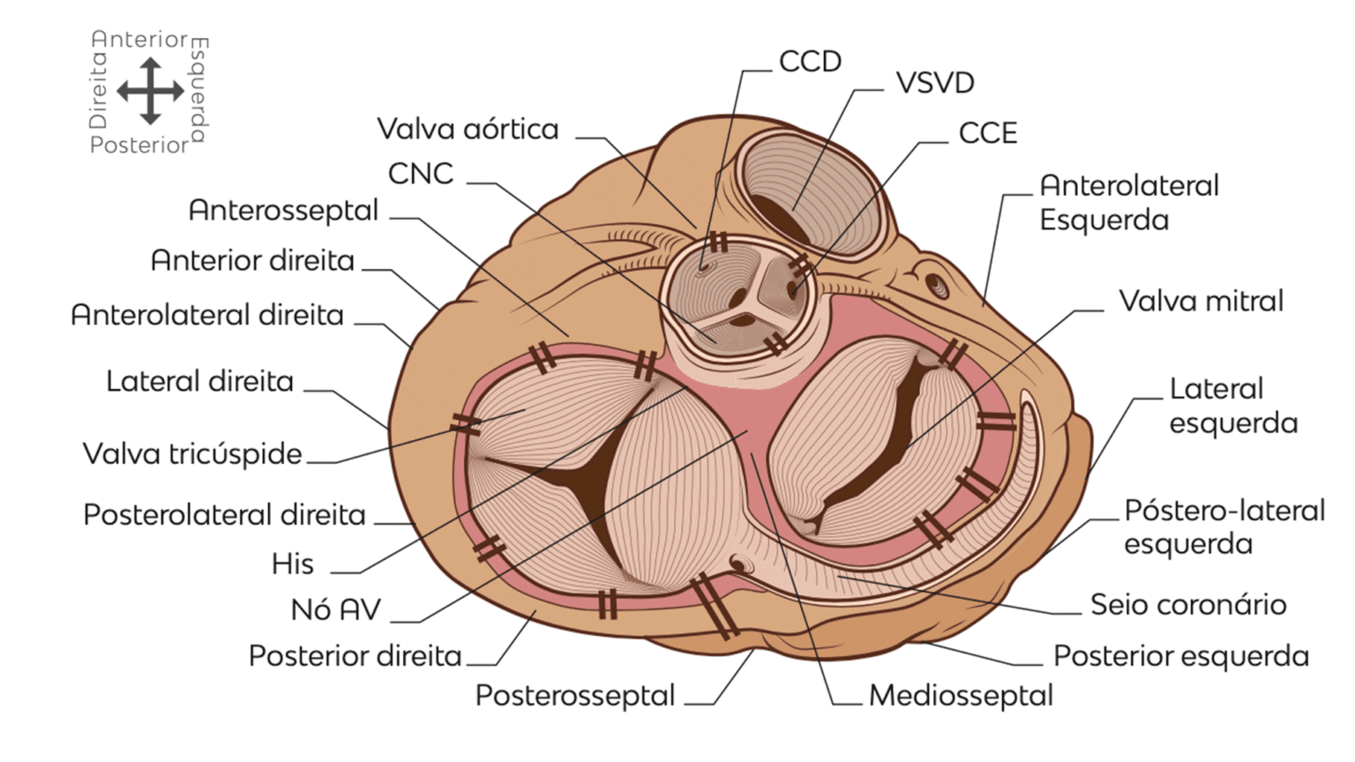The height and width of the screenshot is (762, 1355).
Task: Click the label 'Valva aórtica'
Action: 468,130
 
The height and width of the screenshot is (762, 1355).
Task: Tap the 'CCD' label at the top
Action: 810,62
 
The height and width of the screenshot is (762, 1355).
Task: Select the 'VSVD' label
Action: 935,83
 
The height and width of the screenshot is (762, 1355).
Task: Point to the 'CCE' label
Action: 988,133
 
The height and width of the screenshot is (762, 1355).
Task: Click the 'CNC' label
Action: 421,174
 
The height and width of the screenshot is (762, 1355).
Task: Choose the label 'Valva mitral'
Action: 1201,302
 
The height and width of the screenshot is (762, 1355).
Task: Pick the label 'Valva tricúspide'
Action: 192,454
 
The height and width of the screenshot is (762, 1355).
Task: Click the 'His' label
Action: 292,564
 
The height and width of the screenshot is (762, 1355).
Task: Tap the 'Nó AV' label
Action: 335,609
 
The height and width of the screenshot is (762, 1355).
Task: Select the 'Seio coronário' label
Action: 1187,605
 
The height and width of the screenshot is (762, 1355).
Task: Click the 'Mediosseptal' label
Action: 961,696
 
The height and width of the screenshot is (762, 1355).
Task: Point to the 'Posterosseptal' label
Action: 574,696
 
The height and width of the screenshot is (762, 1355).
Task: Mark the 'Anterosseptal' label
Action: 283,211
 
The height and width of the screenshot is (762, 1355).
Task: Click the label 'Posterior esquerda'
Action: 1180,656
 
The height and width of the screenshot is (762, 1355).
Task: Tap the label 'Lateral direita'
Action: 199,382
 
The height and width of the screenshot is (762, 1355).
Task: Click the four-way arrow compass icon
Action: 150,91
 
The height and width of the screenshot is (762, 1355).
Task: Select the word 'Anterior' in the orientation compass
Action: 139,40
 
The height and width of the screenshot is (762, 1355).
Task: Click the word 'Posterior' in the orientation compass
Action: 139,146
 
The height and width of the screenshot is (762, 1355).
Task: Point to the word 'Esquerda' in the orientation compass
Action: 199,90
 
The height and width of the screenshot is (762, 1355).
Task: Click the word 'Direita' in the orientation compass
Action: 98,91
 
